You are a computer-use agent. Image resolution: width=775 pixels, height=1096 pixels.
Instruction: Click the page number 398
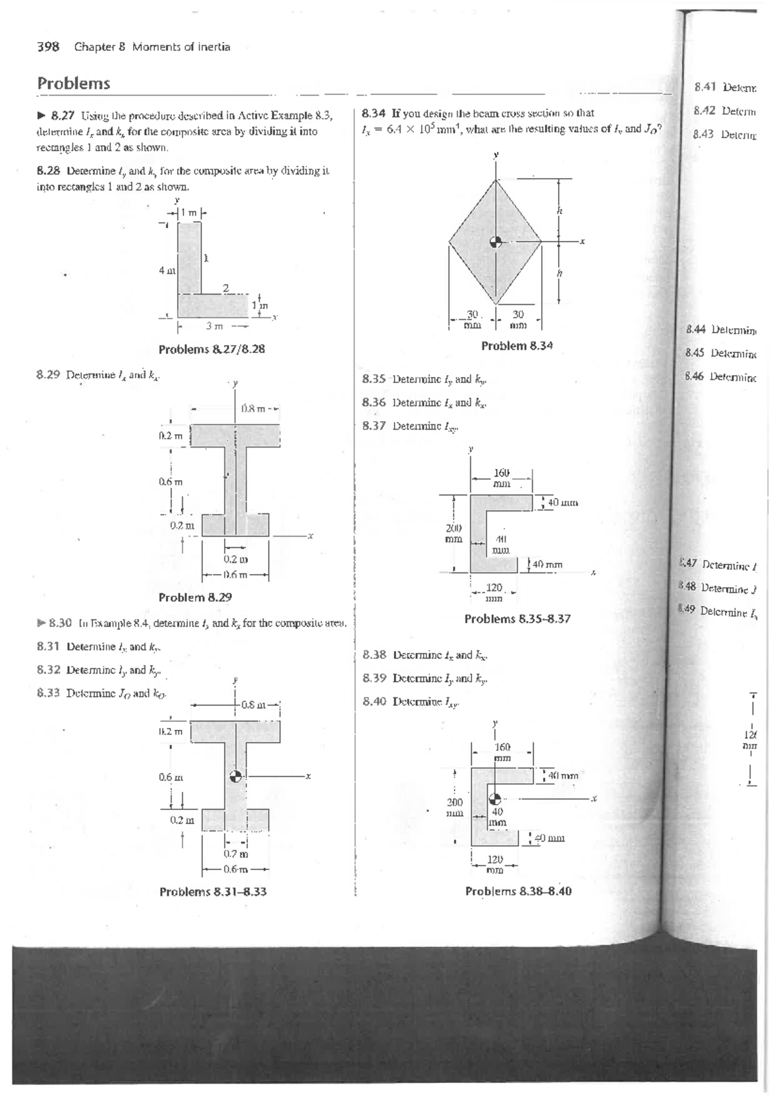[48, 47]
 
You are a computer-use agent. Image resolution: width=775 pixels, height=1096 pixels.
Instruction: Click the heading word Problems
[74, 84]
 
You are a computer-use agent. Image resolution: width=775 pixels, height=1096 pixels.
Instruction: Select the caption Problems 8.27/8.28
[212, 349]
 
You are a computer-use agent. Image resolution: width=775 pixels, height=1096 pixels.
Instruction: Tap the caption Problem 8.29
[195, 597]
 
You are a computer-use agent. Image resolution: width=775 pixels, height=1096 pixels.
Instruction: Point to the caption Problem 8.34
[517, 346]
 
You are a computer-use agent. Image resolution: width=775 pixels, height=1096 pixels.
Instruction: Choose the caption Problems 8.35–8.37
[517, 619]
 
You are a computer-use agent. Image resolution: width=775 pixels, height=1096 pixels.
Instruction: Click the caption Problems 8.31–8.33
[212, 892]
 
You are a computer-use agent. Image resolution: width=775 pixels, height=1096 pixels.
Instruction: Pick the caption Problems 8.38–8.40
[518, 891]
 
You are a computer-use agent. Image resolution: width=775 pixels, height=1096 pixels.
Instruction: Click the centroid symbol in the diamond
[495, 242]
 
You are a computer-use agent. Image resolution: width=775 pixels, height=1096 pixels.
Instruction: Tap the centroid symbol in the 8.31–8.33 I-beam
[236, 776]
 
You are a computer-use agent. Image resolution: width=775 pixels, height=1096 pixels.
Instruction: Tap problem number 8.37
[375, 426]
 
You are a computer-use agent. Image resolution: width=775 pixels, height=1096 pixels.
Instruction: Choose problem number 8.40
[375, 701]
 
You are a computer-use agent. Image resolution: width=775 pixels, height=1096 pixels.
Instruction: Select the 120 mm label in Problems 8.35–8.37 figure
[494, 588]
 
